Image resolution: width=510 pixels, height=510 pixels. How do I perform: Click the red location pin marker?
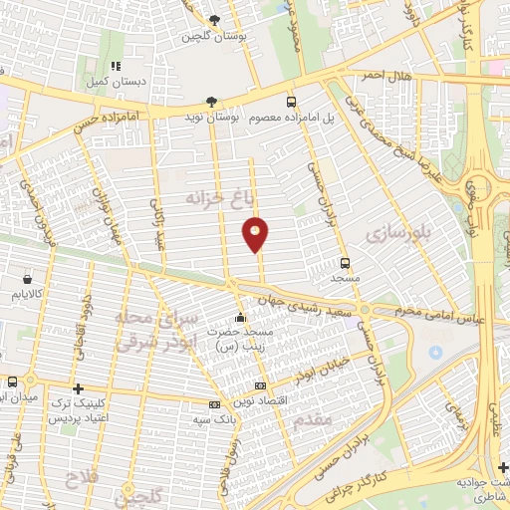click(x=256, y=234)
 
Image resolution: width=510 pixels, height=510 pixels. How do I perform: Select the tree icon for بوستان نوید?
click(x=210, y=102)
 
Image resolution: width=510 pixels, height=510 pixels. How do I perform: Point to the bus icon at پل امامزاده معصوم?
click(x=291, y=102)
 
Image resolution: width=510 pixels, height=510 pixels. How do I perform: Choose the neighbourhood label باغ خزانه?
click(x=213, y=200)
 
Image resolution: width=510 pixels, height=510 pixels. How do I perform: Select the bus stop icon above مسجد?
click(x=346, y=263)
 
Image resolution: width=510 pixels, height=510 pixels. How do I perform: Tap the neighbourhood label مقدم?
click(x=313, y=421)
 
